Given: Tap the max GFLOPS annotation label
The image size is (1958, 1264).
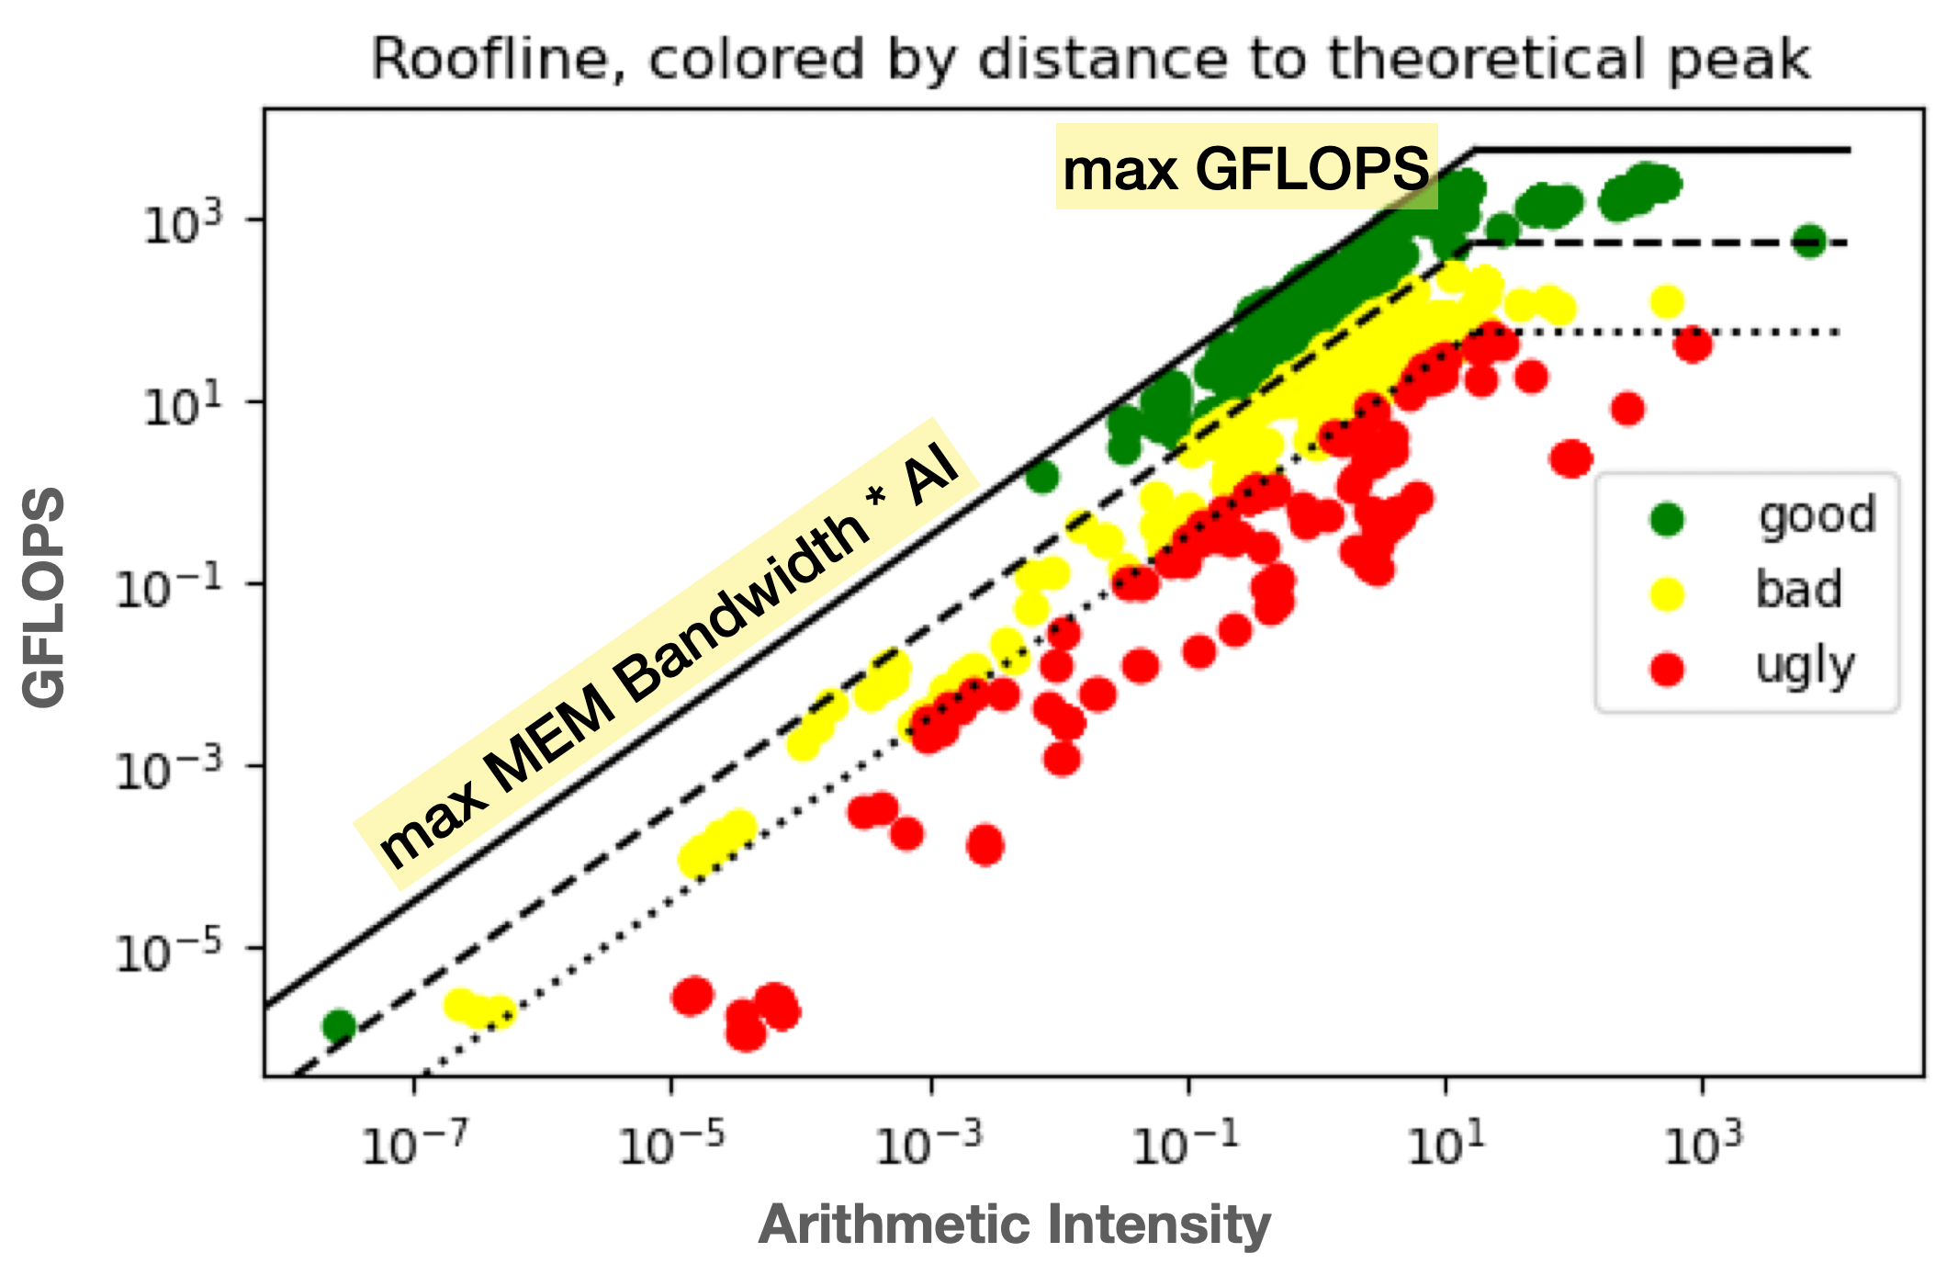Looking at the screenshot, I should [1245, 169].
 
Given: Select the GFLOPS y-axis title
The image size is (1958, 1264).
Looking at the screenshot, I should [44, 597].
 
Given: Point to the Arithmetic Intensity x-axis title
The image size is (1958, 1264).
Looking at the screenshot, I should [1014, 1225].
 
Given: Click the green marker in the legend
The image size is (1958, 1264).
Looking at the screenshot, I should [1666, 519].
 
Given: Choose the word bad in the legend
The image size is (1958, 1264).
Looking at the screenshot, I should [1798, 590].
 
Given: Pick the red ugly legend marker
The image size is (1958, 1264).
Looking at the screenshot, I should [1666, 669].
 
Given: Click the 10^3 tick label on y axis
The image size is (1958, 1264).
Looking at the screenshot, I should [183, 223].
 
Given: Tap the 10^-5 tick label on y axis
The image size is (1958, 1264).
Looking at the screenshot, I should [169, 952].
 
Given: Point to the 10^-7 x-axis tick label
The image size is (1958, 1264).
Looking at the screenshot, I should [414, 1145].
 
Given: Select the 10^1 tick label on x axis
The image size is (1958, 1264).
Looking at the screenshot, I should [1446, 1145].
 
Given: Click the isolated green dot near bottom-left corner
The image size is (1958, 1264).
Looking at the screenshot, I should [339, 1025].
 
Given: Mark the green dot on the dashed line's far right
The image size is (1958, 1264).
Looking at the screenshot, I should [1808, 242].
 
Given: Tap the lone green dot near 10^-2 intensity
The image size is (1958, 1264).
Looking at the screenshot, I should [1041, 477].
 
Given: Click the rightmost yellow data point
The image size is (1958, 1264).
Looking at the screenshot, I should [1666, 300].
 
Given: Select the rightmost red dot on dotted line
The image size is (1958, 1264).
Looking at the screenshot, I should [1692, 346].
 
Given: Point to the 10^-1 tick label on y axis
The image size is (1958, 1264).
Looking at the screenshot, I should [169, 588].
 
